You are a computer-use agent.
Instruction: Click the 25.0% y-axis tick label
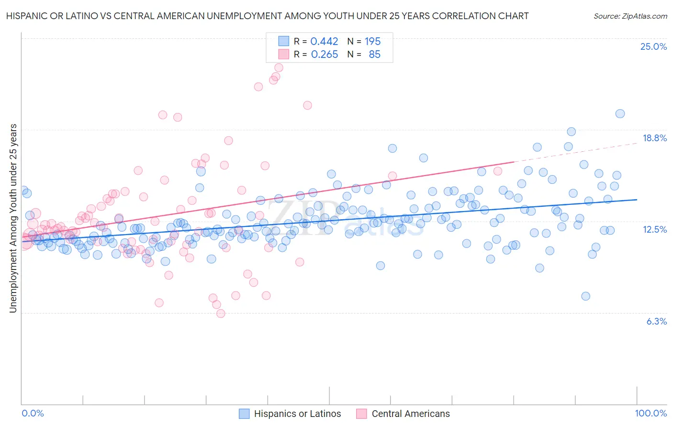pyautogui.click(x=653, y=46)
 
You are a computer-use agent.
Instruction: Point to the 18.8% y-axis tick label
pyautogui.click(x=654, y=138)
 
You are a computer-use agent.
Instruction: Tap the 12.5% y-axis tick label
pyautogui.click(x=654, y=229)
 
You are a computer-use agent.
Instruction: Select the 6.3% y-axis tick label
pyautogui.click(x=656, y=321)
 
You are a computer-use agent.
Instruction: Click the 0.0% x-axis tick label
pyautogui.click(x=33, y=413)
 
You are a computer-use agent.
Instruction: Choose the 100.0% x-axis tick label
pyautogui.click(x=651, y=413)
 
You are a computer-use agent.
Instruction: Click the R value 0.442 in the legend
pyautogui.click(x=324, y=41)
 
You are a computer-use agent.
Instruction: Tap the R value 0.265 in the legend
pyautogui.click(x=324, y=55)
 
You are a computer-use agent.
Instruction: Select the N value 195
pyautogui.click(x=372, y=41)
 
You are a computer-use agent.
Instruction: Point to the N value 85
pyautogui.click(x=374, y=55)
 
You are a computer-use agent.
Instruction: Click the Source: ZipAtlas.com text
pyautogui.click(x=630, y=16)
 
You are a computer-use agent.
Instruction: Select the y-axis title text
pyautogui.click(x=13, y=218)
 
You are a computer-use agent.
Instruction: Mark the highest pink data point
pyautogui.click(x=279, y=68)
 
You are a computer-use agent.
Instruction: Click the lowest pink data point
pyautogui.click(x=221, y=314)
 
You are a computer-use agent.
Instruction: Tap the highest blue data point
pyautogui.click(x=620, y=113)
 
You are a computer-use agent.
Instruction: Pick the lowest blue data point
pyautogui.click(x=585, y=296)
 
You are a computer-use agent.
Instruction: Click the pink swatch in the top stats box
pyautogui.click(x=284, y=55)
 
